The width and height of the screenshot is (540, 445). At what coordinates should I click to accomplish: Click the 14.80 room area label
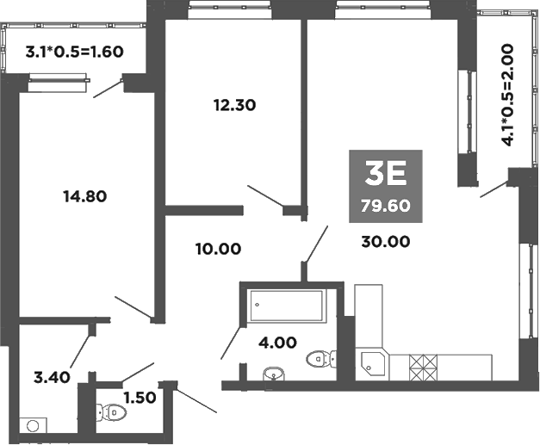[84, 195]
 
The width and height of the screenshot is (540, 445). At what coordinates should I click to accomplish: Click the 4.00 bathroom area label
[278, 342]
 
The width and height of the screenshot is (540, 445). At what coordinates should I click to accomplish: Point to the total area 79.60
[385, 206]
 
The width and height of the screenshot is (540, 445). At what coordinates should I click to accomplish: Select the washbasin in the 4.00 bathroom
[273, 374]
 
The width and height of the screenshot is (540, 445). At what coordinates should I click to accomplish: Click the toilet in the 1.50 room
[113, 413]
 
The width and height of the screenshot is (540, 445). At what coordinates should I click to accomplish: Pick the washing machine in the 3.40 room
[34, 424]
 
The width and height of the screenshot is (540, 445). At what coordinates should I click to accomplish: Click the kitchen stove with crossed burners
[424, 368]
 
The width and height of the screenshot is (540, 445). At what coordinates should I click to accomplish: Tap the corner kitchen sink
[373, 365]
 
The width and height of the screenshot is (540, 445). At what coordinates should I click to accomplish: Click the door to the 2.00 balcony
[494, 189]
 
